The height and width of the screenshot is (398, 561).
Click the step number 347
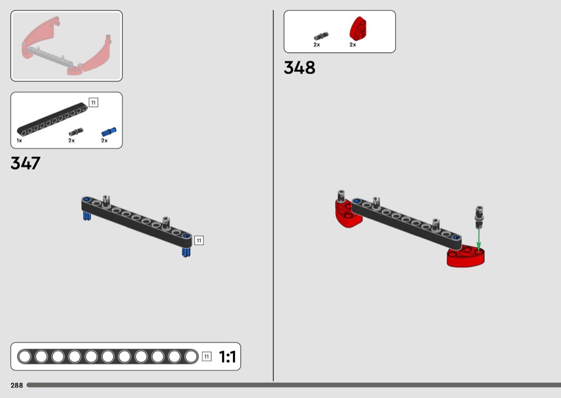click(26, 163)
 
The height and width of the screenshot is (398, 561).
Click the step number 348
click(299, 68)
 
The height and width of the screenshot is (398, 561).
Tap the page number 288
click(17, 385)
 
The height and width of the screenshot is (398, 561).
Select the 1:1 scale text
click(227, 356)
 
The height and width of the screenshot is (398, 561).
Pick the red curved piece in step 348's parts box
click(358, 28)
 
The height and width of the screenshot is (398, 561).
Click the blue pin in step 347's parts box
click(109, 132)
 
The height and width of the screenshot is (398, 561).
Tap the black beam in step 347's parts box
click(52, 120)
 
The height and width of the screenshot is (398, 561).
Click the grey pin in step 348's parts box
click(321, 36)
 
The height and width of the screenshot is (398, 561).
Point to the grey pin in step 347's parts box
click(76, 132)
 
